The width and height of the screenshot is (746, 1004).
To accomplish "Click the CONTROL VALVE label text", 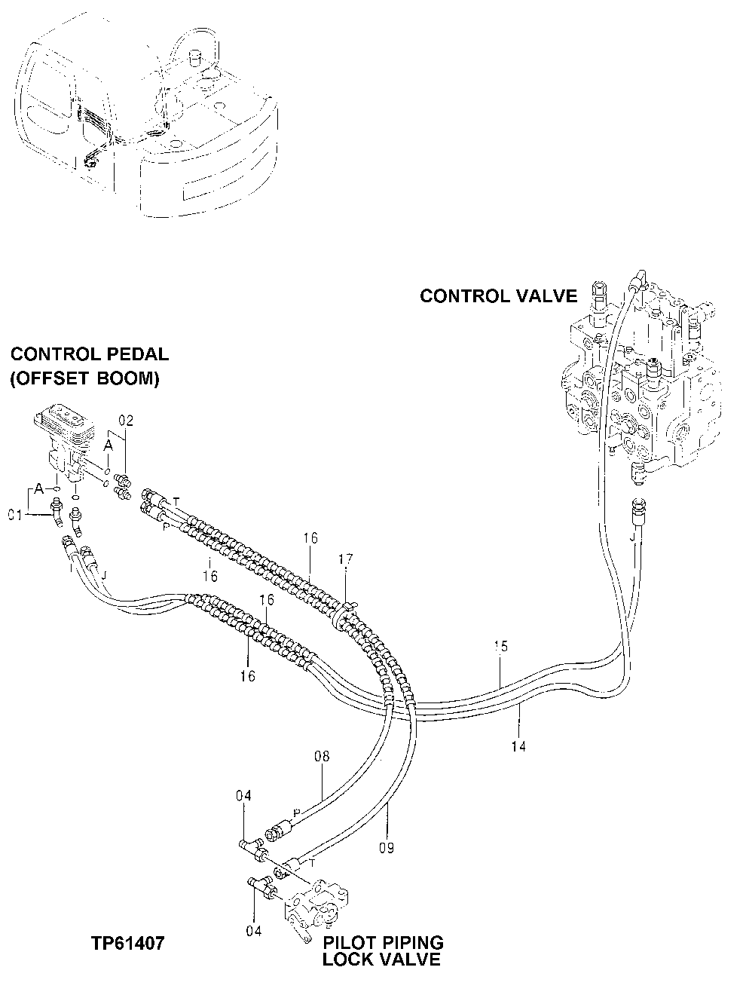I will click(x=498, y=296).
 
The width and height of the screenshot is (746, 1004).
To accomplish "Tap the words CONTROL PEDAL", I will click(x=89, y=354).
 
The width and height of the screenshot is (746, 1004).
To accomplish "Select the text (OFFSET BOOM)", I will click(x=84, y=379).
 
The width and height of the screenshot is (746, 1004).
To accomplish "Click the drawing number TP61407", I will click(x=128, y=943).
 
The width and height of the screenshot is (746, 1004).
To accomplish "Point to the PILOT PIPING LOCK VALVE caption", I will click(x=382, y=951).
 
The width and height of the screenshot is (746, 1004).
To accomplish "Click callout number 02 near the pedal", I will click(x=124, y=421).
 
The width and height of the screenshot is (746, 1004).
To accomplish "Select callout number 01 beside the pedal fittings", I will click(x=15, y=515).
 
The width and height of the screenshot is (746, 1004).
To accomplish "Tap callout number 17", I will click(x=345, y=559).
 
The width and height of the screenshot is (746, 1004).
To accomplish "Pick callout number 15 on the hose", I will click(x=500, y=646).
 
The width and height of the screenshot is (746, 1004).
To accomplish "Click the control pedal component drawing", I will click(x=67, y=445).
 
